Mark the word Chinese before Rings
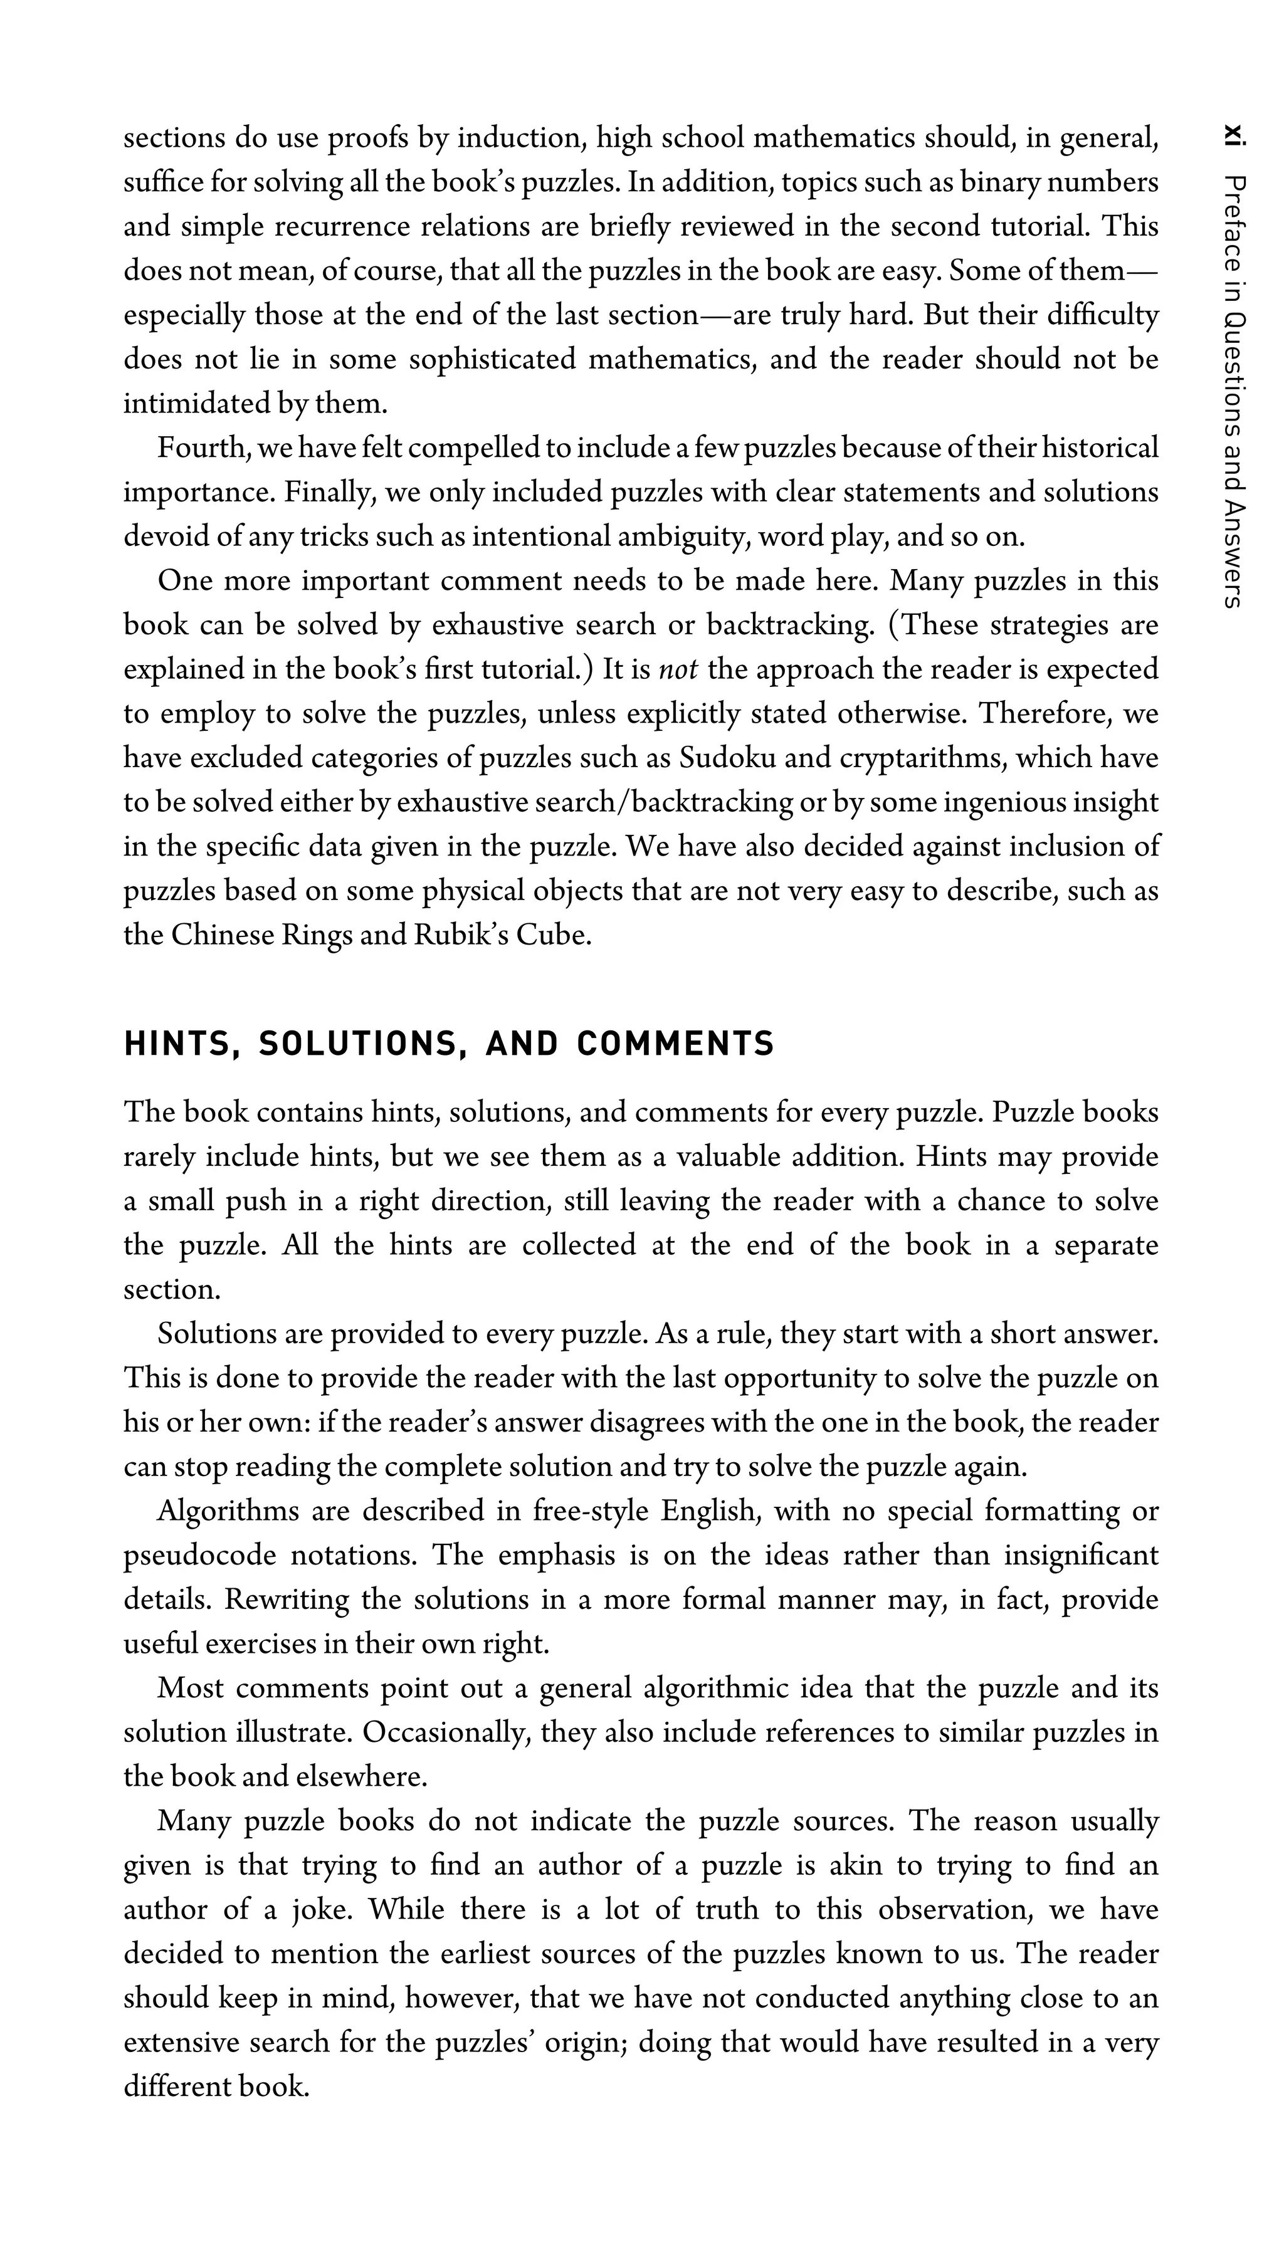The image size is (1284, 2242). pos(222,935)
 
